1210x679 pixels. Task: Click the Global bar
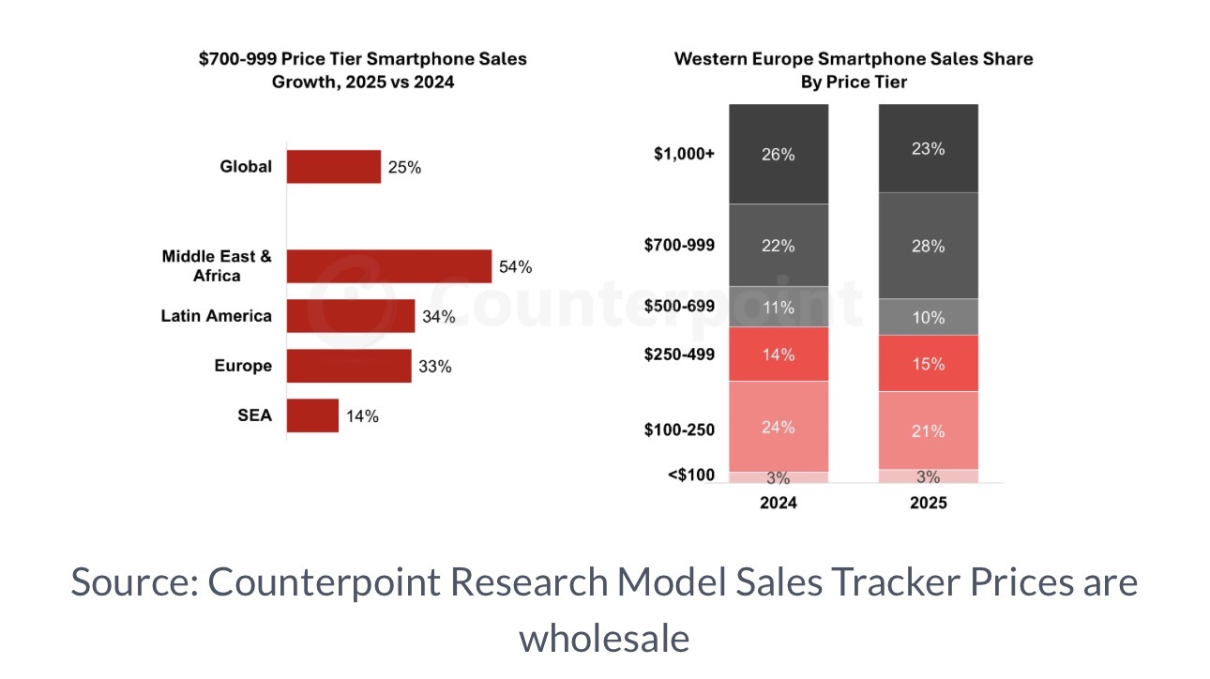[x=334, y=167]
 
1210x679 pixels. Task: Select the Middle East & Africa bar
[x=389, y=266]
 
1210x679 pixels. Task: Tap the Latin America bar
[x=351, y=316]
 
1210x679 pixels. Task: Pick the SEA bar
[x=312, y=415]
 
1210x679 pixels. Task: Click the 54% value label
[x=516, y=267]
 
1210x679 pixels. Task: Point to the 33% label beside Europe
[x=435, y=367]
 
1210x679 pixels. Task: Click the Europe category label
[x=243, y=366]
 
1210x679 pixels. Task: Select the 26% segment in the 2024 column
[x=779, y=154]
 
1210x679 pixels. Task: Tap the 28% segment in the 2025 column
[x=928, y=246]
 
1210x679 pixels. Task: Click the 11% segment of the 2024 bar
[x=779, y=307]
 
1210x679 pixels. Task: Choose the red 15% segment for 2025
[x=928, y=364]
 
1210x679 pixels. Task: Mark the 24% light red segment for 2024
[x=779, y=427]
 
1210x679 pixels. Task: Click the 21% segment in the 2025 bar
[x=928, y=430]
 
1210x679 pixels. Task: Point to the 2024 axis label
[x=779, y=503]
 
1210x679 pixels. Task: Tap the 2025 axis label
[x=928, y=503]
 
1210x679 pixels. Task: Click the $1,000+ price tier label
[x=684, y=155]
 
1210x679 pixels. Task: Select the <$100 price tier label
[x=691, y=475]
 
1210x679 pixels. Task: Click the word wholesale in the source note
[x=604, y=638]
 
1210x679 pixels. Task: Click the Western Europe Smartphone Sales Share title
[x=854, y=58]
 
